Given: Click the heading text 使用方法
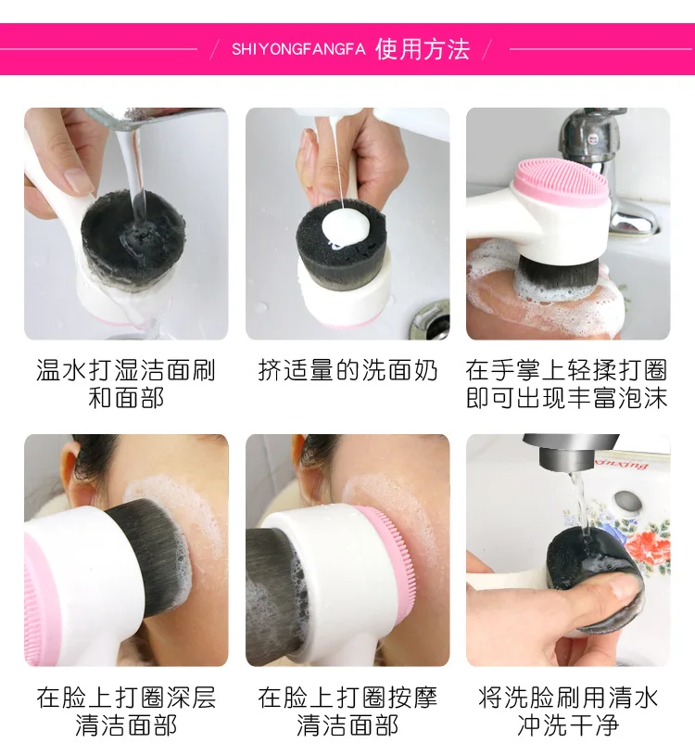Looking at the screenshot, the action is point(422,49).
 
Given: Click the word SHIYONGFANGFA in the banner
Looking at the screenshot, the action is point(298,49).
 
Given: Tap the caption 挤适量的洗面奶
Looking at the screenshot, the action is point(347,370).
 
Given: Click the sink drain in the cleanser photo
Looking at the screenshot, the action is point(430,320).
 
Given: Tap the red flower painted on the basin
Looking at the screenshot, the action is point(649,545).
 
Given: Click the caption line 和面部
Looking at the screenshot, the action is point(126,398).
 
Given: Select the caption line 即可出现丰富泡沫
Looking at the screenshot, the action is point(567,398).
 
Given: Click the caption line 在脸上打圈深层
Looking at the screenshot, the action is point(126,698).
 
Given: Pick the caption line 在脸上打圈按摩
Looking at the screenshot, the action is point(347,698).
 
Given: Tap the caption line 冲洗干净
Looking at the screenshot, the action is point(568,725).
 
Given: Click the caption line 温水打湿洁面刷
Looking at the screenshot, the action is point(126,370).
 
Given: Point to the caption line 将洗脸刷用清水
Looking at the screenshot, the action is point(568,698).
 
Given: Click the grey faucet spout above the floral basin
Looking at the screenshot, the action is point(572,452).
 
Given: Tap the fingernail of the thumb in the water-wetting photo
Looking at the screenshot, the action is point(80,180).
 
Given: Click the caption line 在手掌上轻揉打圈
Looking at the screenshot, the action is point(567,370).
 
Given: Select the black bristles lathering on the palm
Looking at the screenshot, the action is point(558,277).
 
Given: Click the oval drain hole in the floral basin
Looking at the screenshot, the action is point(627,502).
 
